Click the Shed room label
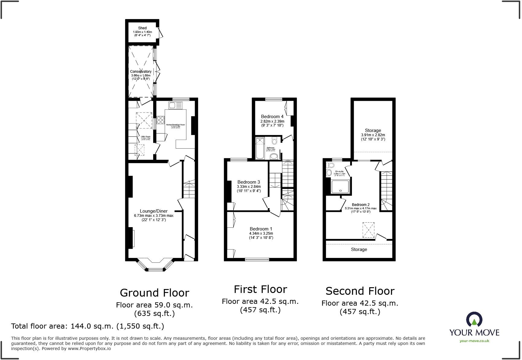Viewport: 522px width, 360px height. coord(142,28)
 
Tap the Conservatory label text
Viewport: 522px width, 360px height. coord(141,72)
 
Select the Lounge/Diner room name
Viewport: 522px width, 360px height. coord(153,211)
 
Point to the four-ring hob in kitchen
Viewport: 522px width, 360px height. coord(160,120)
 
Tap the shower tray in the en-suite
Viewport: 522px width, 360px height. coord(340,187)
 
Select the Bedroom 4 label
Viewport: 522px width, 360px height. coord(272,117)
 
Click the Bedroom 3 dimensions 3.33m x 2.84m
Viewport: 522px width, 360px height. coord(249,187)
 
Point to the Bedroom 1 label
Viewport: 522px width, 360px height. coord(261,229)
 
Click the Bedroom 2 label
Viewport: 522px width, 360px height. coord(361,205)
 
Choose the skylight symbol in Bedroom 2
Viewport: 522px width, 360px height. coord(368,230)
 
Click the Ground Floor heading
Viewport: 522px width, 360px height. coord(154,293)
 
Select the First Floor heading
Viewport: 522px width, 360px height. coord(260,289)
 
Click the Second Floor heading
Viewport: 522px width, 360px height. coord(360,291)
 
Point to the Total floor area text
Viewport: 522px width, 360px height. coord(88,326)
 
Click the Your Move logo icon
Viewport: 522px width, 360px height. coord(474,320)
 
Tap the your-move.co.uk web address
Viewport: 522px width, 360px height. coord(474,341)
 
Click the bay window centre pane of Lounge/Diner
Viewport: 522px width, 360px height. coord(155,269)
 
